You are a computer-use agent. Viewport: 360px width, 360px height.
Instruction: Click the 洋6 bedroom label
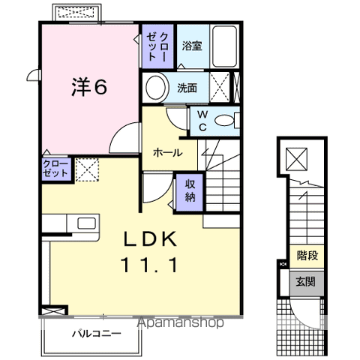point(88,87)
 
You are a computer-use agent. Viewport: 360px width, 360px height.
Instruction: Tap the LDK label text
point(150,240)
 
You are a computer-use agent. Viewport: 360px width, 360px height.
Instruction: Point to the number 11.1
point(150,265)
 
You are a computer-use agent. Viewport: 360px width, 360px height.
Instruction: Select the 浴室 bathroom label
point(192,45)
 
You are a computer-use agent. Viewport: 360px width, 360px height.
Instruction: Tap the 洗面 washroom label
point(187,88)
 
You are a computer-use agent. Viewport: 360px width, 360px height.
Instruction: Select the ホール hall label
point(166,152)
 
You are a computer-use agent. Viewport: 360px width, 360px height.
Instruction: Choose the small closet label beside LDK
point(55,168)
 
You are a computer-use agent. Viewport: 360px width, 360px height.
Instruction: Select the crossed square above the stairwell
point(298,158)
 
